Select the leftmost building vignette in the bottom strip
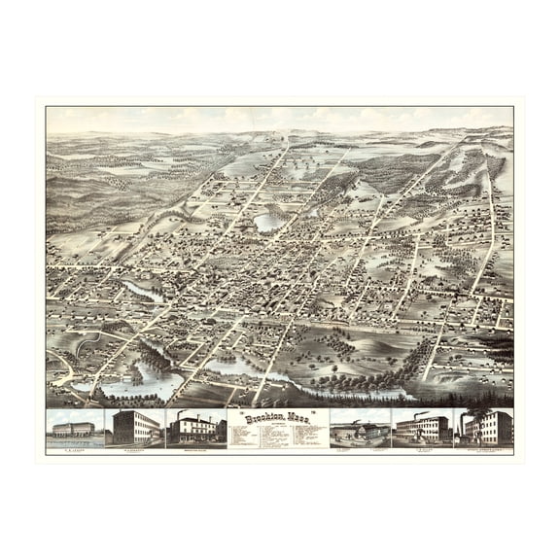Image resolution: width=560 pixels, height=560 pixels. pyautogui.click(x=74, y=429)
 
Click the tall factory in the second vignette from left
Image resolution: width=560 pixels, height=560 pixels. pyautogui.click(x=134, y=428)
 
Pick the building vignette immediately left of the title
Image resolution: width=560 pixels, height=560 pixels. pyautogui.click(x=196, y=429)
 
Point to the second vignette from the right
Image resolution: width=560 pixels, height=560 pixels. pyautogui.click(x=422, y=428)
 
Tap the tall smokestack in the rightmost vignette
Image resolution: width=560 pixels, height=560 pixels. pyautogui.click(x=464, y=424)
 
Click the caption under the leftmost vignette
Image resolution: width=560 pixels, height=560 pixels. pyautogui.click(x=74, y=448)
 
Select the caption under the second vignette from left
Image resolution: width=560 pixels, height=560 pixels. pyautogui.click(x=134, y=448)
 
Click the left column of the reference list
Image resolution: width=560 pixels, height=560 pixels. pyautogui.click(x=251, y=437)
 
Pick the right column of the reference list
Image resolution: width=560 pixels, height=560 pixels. pyautogui.click(x=303, y=437)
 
